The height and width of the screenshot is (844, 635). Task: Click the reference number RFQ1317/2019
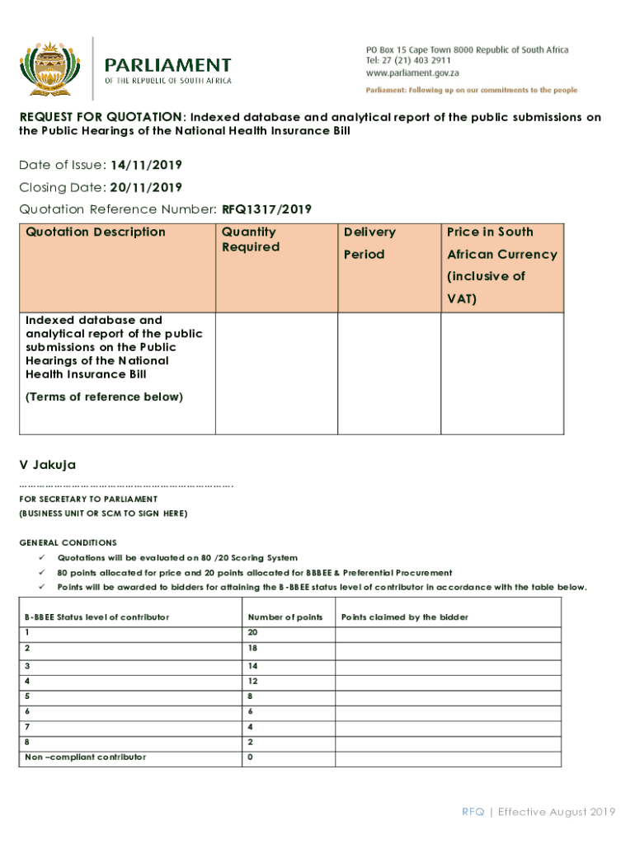(x=266, y=209)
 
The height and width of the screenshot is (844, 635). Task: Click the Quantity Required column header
(x=250, y=240)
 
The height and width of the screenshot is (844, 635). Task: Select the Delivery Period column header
(x=369, y=243)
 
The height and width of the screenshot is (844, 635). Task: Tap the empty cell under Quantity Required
(x=276, y=373)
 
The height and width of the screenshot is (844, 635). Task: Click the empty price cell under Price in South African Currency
(x=502, y=373)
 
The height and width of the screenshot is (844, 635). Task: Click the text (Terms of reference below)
(x=104, y=397)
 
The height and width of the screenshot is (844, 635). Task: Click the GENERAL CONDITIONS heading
(x=68, y=543)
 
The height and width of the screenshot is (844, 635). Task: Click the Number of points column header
(x=285, y=617)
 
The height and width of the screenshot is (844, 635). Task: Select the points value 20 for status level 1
(x=252, y=632)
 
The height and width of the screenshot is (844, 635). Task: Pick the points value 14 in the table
(x=252, y=665)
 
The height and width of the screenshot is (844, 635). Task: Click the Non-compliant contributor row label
(x=85, y=757)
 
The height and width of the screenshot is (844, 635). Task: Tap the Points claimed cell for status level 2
(x=447, y=649)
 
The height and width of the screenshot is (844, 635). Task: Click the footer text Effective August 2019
(x=557, y=813)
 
